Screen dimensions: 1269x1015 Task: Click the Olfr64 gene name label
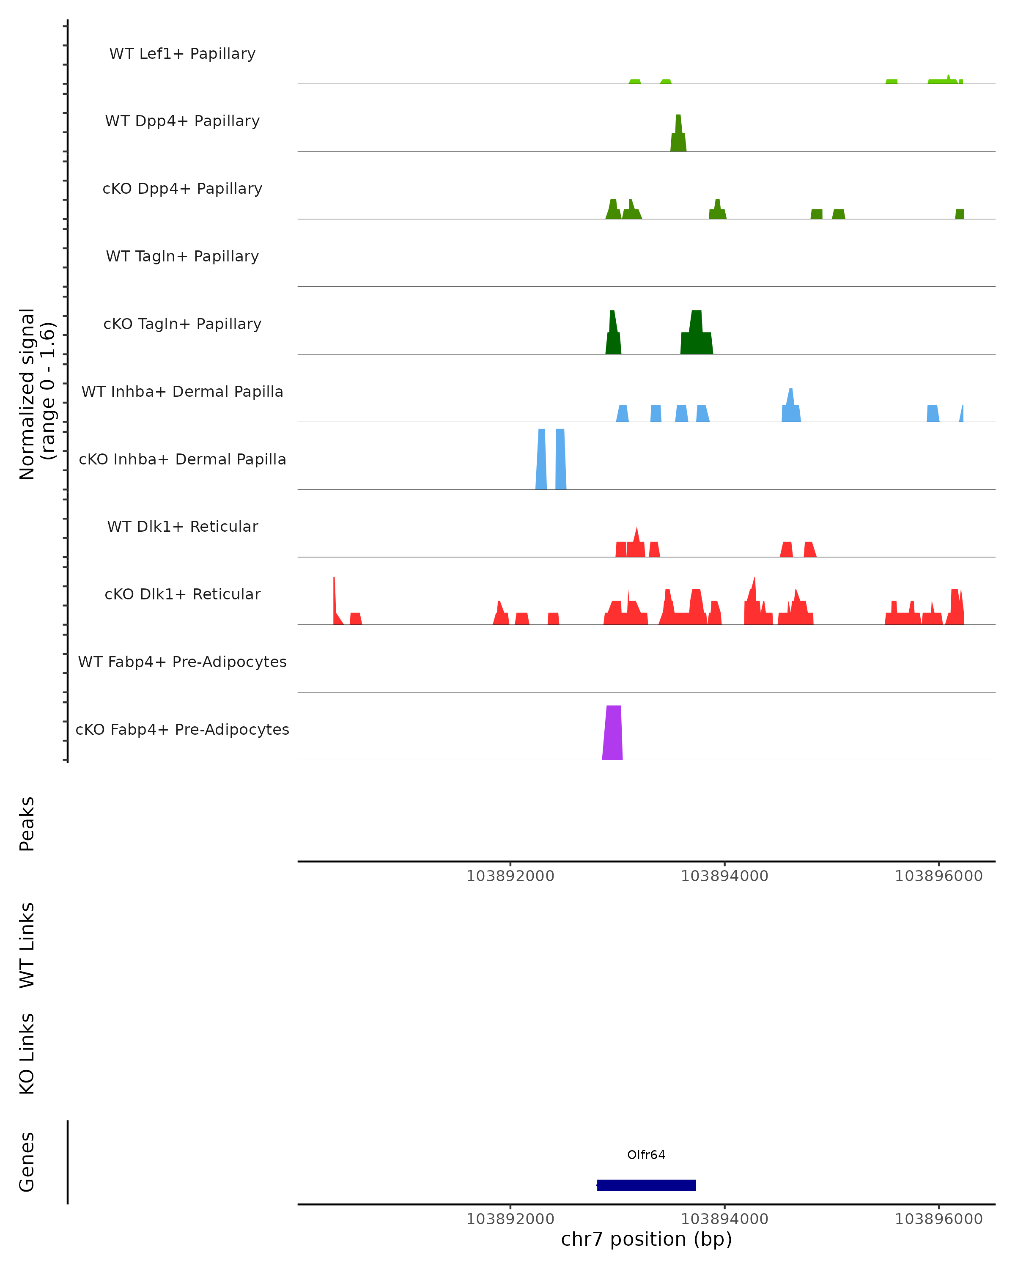[646, 1154]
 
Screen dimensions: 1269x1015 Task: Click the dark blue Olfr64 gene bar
[646, 1185]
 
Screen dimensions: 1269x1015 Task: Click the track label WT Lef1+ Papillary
[182, 54]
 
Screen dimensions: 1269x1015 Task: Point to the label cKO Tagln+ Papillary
[182, 324]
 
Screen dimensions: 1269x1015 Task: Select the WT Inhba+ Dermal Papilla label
[182, 391]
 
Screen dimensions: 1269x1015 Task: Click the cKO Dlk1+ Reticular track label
[182, 594]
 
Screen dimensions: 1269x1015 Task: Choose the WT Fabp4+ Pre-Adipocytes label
[182, 662]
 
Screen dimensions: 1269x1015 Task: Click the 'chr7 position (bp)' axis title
[646, 1239]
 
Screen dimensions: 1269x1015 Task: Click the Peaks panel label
[27, 824]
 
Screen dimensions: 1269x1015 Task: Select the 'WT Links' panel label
[27, 945]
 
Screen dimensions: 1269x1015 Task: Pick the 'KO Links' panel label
[27, 1054]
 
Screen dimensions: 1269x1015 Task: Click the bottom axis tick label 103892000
[510, 1219]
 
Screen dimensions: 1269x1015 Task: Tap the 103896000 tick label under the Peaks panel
[938, 876]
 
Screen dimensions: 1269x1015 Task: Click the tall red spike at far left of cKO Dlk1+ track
[334, 600]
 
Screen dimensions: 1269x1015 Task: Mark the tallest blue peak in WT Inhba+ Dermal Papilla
[791, 406]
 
